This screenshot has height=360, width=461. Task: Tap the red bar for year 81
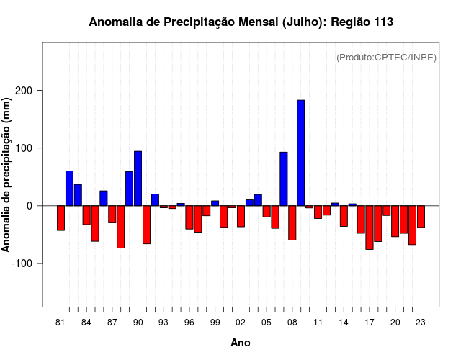tap(61, 218)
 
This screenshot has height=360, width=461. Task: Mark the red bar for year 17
tap(370, 228)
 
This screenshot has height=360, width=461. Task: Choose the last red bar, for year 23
tap(421, 217)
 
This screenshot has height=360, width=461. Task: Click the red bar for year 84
tap(86, 215)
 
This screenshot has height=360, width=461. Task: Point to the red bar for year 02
tap(241, 216)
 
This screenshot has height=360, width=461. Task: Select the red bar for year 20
tap(395, 221)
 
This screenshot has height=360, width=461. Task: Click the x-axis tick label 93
tap(164, 322)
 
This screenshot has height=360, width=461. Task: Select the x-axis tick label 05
tap(267, 322)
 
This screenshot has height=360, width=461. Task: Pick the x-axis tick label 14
tap(344, 322)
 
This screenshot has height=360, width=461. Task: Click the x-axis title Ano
tap(241, 343)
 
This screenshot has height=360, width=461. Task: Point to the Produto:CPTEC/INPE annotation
tap(387, 57)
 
